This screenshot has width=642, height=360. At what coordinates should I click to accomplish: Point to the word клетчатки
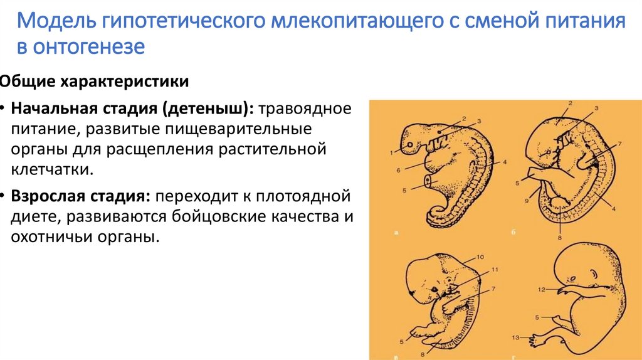(x=51, y=169)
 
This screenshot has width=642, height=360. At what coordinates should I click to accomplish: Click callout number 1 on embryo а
(x=390, y=152)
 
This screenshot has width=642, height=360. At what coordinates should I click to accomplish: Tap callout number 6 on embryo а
(x=398, y=169)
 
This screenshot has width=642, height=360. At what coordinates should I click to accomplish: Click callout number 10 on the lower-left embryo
(x=480, y=257)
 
